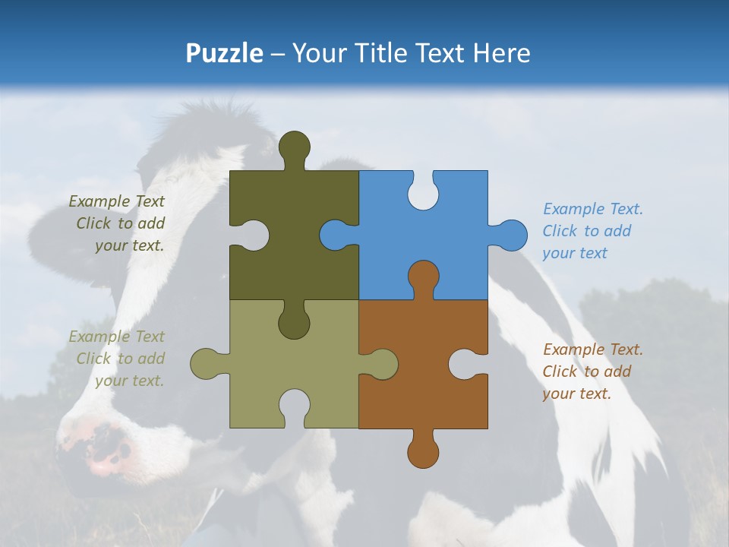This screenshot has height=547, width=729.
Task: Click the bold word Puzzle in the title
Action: (x=224, y=53)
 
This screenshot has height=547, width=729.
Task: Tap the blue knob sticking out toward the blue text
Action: (x=510, y=235)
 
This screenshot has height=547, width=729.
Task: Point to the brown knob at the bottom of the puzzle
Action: (x=423, y=451)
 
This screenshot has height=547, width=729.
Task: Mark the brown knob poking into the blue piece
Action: (x=423, y=277)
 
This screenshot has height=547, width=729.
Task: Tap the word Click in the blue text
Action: (x=560, y=231)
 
